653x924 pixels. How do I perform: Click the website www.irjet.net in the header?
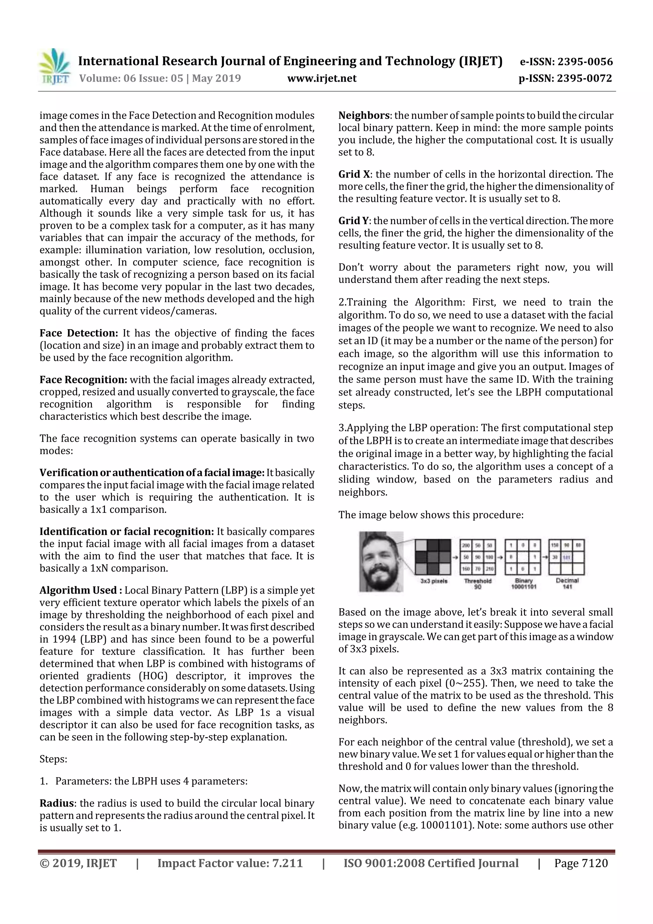(x=321, y=78)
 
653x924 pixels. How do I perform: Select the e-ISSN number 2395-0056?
(x=585, y=62)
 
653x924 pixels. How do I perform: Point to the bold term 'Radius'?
(x=56, y=803)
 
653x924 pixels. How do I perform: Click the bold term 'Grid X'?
(x=354, y=174)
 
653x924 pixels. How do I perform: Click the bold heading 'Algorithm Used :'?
(x=80, y=590)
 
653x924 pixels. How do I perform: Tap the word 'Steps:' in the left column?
(x=53, y=759)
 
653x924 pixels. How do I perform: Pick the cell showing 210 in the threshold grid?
(x=489, y=569)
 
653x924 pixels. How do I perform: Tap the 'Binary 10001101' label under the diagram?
(x=524, y=584)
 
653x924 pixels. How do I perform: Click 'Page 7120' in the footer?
(x=581, y=863)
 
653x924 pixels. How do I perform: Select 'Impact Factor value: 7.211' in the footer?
(x=230, y=863)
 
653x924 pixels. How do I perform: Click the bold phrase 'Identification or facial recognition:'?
(x=126, y=532)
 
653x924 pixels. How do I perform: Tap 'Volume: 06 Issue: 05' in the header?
(x=131, y=78)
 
